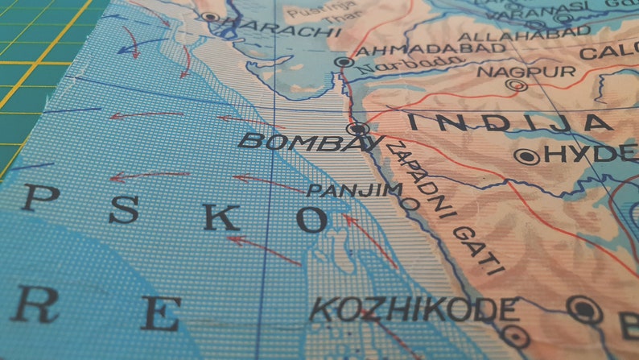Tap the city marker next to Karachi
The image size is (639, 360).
pyautogui.click(x=211, y=16)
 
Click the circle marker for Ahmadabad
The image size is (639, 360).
pyautogui.click(x=344, y=61)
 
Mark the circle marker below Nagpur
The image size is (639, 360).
pyautogui.click(x=517, y=85)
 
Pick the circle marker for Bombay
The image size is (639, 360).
pyautogui.click(x=357, y=128)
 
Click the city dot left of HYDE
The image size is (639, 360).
pyautogui.click(x=528, y=157)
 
